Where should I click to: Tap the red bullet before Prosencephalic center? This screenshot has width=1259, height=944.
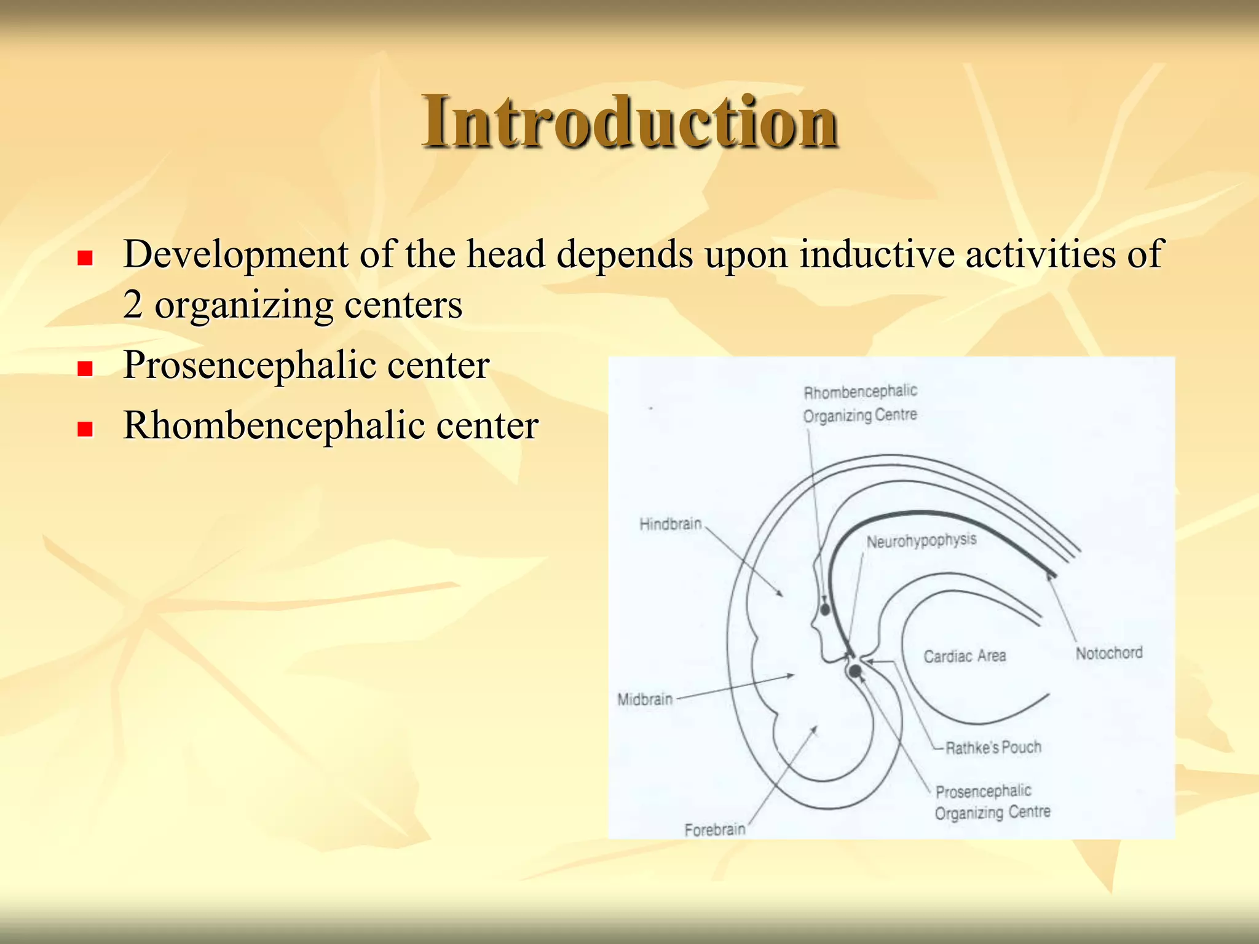point(85,368)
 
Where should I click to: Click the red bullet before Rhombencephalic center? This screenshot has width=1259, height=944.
point(85,428)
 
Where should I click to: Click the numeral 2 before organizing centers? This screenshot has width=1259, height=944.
point(133,304)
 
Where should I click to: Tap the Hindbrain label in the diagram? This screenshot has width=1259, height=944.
point(670,524)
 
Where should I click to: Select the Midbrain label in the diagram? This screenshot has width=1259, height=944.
point(645,699)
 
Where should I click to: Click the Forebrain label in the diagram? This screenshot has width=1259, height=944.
point(715,830)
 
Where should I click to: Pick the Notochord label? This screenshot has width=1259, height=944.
point(1109,653)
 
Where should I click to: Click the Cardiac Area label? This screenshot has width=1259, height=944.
point(965,656)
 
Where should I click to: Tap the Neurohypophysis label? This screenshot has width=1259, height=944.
point(921,541)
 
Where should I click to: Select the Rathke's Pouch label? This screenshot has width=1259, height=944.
point(993,747)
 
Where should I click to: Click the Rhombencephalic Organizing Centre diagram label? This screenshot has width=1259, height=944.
point(860,404)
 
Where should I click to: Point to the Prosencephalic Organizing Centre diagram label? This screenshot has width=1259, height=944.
point(992,801)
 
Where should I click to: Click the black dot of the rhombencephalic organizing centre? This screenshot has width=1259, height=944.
point(825,609)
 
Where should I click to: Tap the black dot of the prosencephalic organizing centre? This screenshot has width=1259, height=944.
point(854,671)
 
